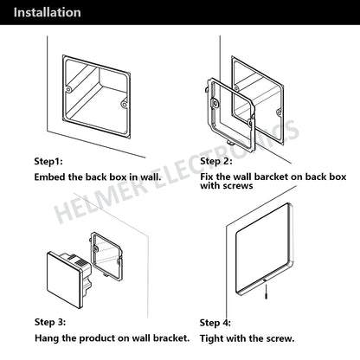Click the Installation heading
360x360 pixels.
pyautogui.click(x=47, y=13)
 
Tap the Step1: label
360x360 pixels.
pyautogui.click(x=48, y=161)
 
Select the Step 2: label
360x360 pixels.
pyautogui.click(x=216, y=161)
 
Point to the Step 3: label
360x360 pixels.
pyautogui.click(x=50, y=322)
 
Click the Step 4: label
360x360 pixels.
pyautogui.click(x=215, y=323)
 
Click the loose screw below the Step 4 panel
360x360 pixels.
pyautogui.click(x=267, y=292)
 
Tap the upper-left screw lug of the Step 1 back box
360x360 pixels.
pyautogui.click(x=68, y=89)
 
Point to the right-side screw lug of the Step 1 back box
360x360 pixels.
pyautogui.click(x=125, y=103)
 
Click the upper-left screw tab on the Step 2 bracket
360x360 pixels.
pyautogui.click(x=215, y=103)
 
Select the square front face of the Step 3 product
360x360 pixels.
pyautogui.click(x=63, y=280)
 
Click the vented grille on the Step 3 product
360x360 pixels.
pyautogui.click(x=81, y=263)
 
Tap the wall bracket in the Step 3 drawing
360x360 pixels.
pyautogui.click(x=106, y=256)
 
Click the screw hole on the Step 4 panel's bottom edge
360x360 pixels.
pyautogui.click(x=265, y=280)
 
